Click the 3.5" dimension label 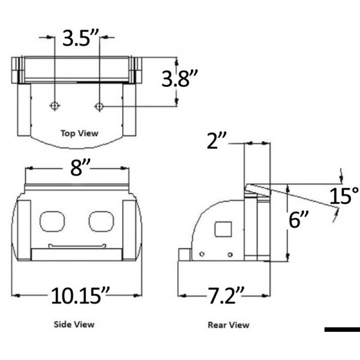pos(79,40)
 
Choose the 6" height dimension pos(298,220)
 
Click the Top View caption pos(79,133)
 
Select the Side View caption pos(74,325)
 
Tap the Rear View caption pos(228,325)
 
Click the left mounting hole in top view pos(55,106)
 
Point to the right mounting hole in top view pos(99,106)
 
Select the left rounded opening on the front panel pos(52,220)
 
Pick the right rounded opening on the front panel pos(100,220)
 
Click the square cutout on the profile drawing pos(223,229)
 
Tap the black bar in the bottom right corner pos(341,329)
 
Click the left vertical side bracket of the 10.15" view pos(24,229)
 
